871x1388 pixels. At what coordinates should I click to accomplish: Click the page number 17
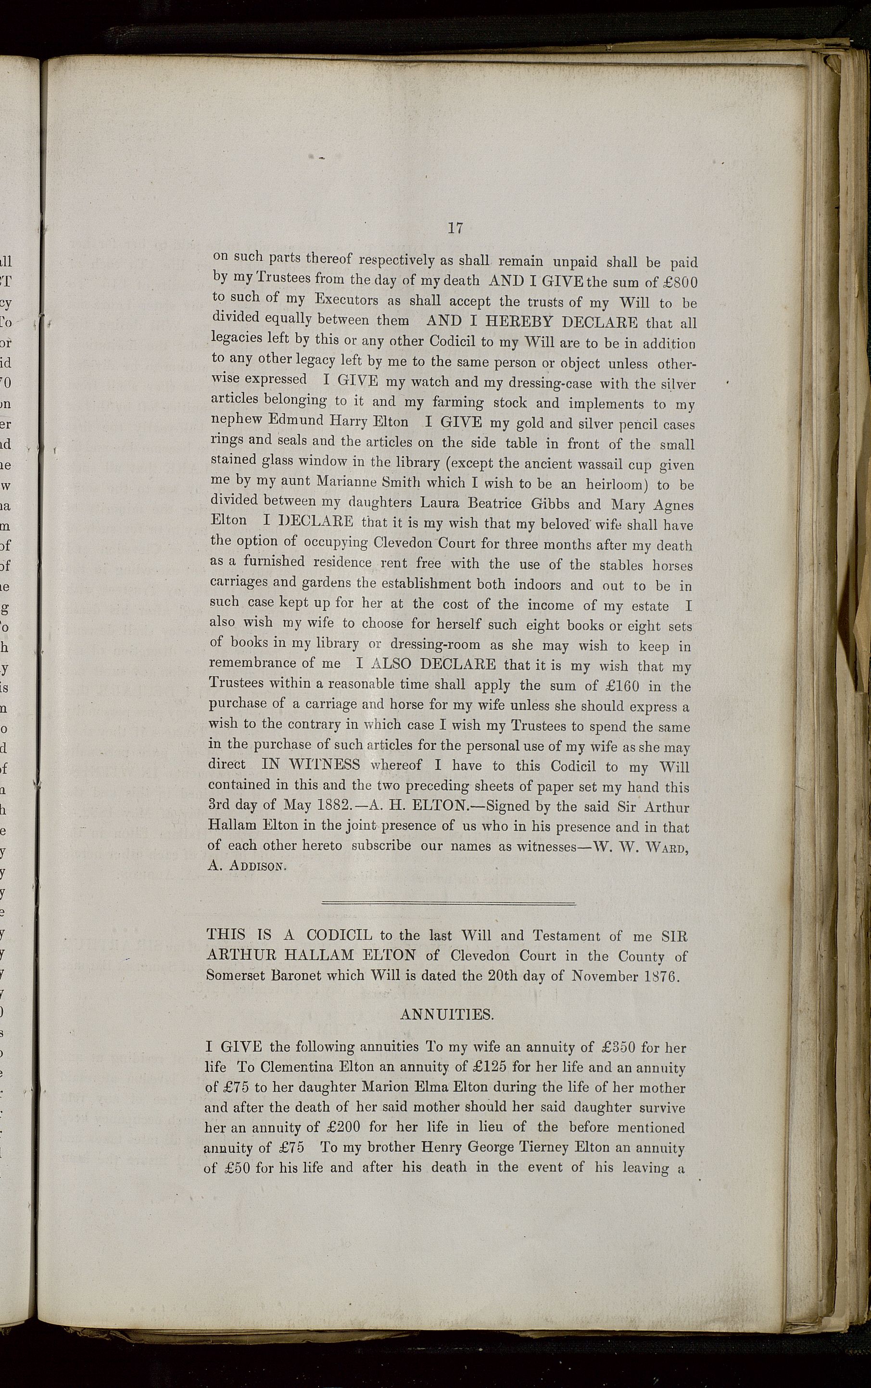pos(455,228)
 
